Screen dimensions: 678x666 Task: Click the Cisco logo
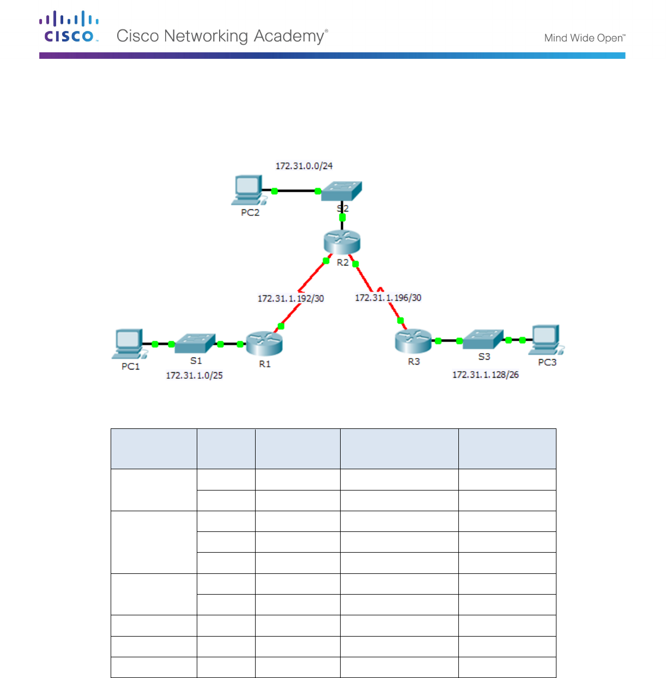pos(69,27)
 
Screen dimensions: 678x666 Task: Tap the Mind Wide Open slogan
pos(584,38)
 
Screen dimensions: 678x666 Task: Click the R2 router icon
pos(342,242)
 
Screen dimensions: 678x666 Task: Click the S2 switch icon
pos(342,191)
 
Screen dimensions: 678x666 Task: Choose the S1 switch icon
pos(195,343)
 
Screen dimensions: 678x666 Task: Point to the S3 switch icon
pos(483,339)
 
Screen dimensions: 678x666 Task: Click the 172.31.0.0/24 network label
pos(304,166)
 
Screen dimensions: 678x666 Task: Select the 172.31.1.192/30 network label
pos(290,299)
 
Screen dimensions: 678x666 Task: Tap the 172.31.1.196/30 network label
pos(388,298)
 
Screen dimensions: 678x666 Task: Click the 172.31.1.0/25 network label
pos(194,376)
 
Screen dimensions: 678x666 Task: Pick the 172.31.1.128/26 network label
pos(485,375)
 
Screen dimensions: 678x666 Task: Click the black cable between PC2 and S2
pos(296,191)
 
